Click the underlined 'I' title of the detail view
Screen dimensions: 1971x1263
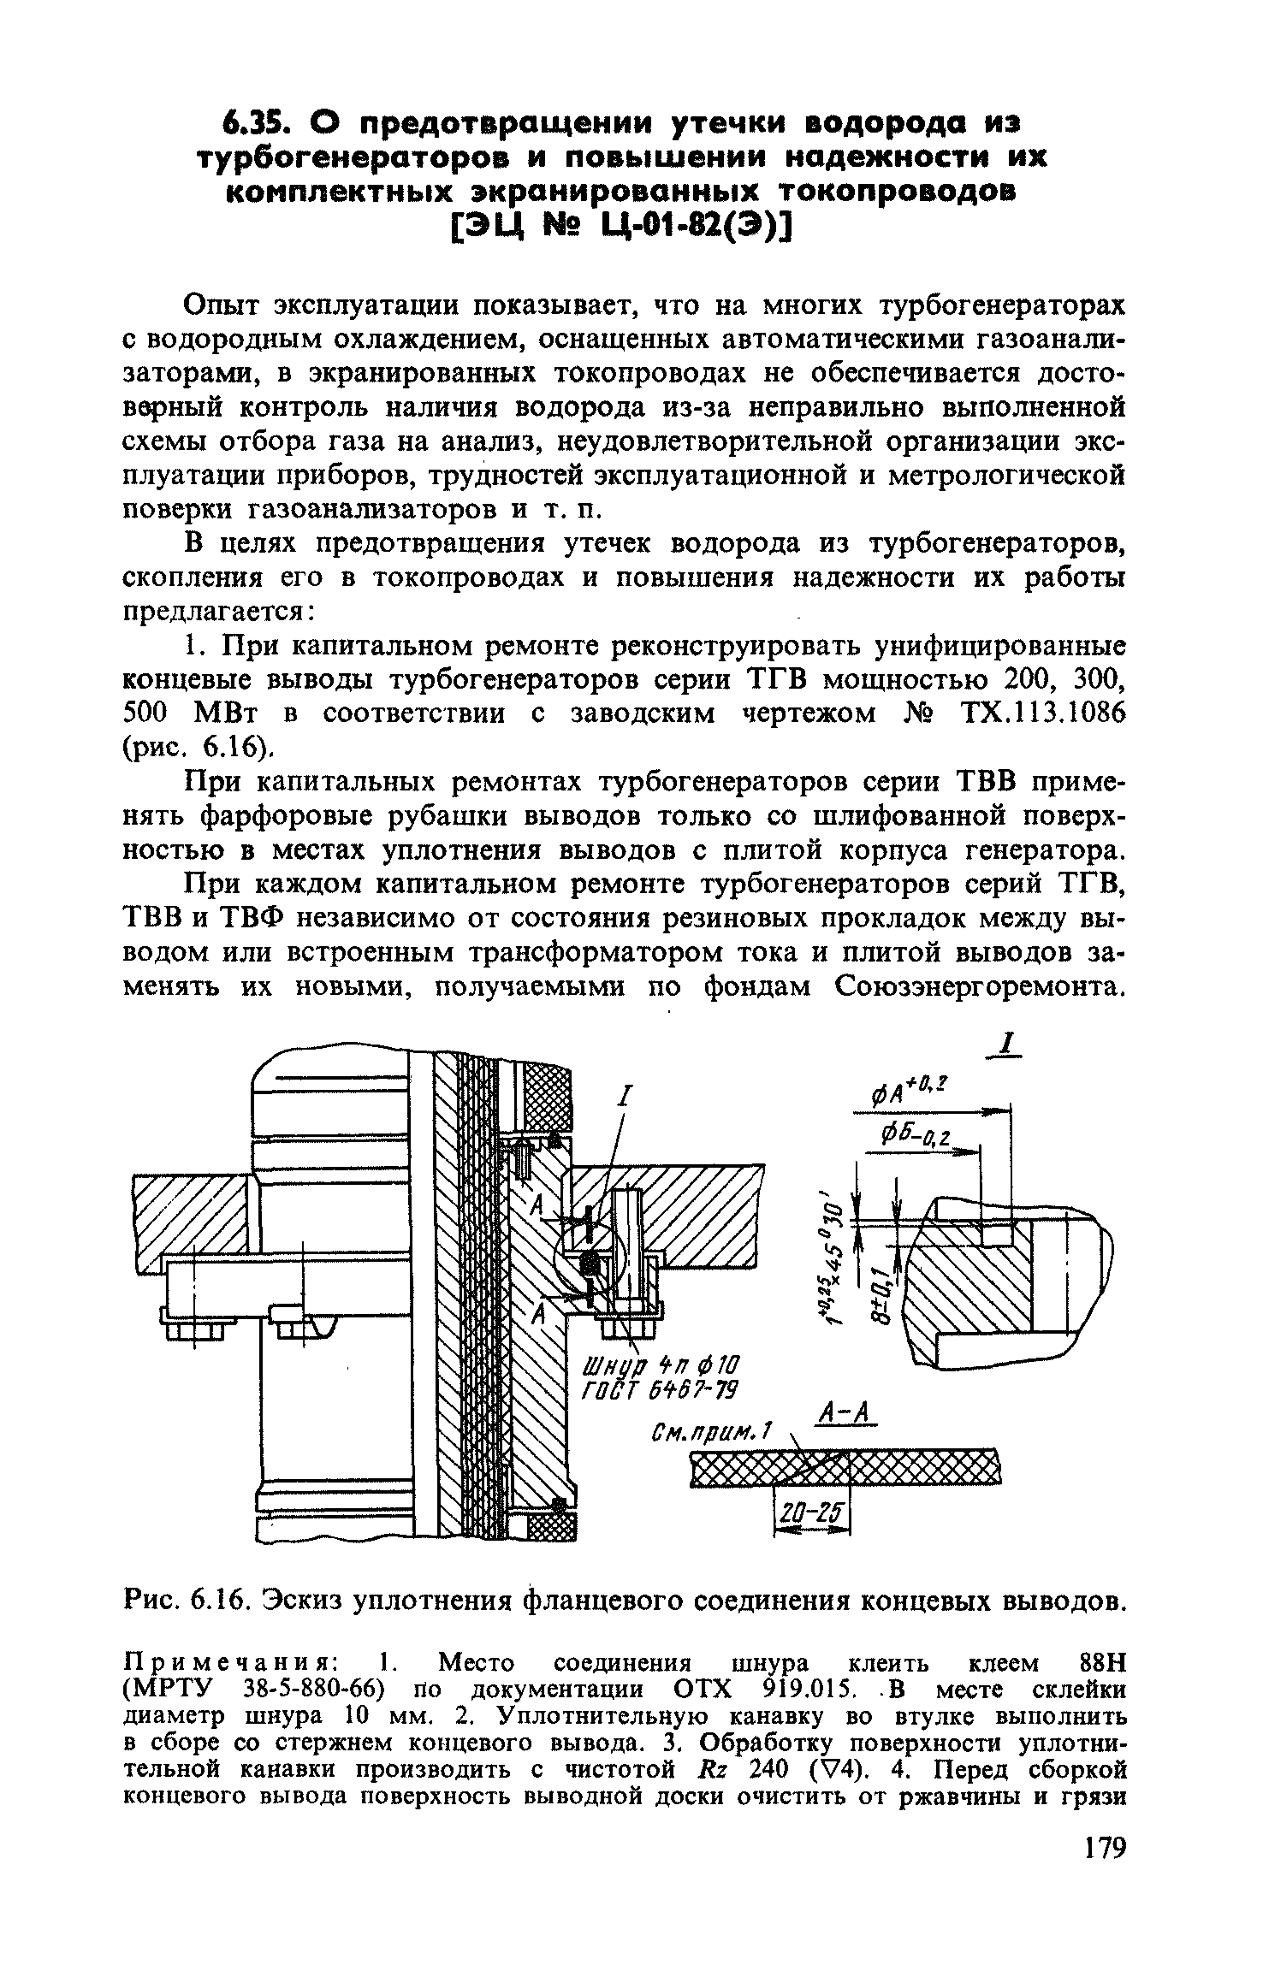[x=1008, y=1045]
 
